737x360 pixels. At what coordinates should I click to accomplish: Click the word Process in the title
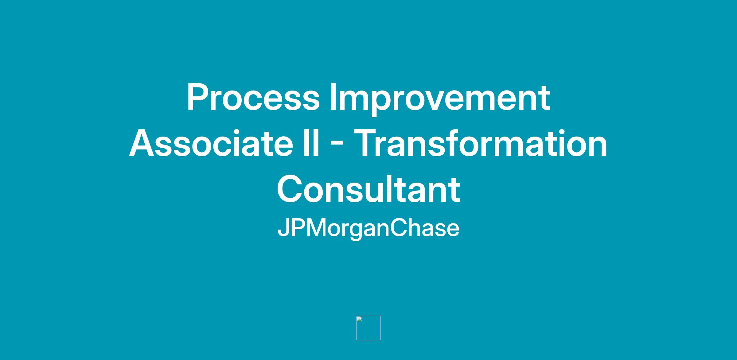click(x=253, y=97)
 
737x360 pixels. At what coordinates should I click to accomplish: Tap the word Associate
click(x=211, y=143)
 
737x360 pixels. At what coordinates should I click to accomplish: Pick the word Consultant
click(x=368, y=189)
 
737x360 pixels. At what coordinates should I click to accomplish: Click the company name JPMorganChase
click(x=368, y=229)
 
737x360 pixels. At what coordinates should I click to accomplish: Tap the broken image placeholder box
click(x=368, y=328)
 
